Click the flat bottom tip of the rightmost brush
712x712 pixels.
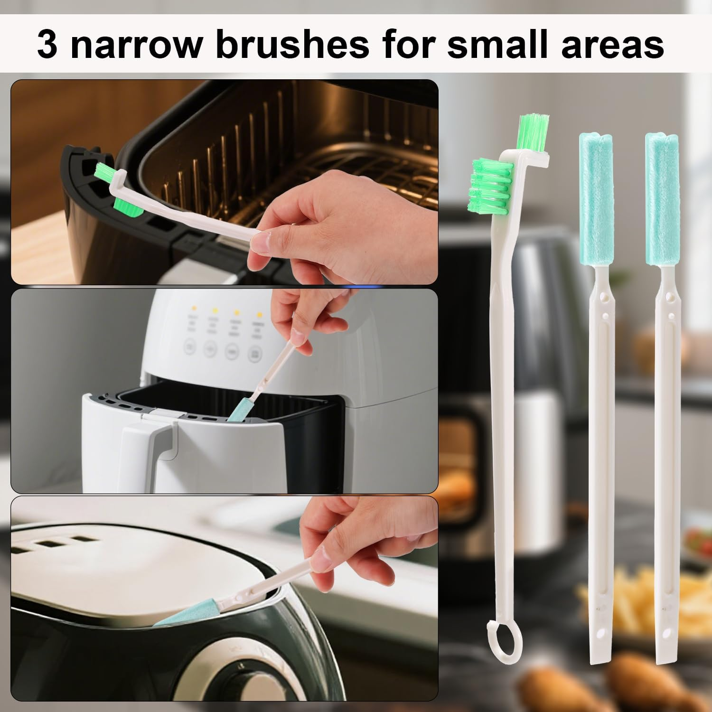click(667, 655)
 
